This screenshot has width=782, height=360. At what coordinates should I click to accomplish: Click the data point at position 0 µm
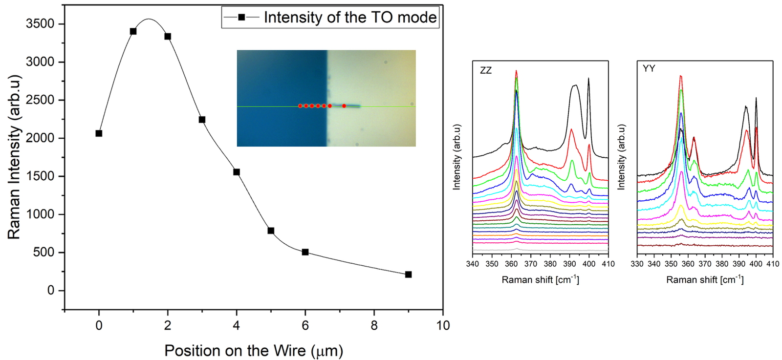tap(99, 133)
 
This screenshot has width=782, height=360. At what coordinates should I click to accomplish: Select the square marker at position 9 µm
tap(409, 275)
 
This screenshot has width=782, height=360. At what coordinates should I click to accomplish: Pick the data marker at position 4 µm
tap(237, 172)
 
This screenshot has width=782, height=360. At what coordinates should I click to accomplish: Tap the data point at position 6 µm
tap(305, 252)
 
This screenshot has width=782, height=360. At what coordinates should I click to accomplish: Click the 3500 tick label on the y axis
tap(40, 24)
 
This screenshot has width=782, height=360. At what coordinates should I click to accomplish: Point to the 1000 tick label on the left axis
tap(40, 214)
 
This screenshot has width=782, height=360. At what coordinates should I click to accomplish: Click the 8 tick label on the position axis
tap(374, 326)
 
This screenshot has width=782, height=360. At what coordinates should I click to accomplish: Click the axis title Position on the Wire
tap(253, 350)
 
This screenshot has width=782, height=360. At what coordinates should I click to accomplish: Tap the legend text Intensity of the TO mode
tap(350, 18)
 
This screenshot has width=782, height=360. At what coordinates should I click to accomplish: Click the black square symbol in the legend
tap(241, 18)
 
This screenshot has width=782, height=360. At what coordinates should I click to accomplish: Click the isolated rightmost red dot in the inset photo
tap(344, 106)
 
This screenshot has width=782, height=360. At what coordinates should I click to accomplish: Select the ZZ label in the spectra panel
tap(485, 70)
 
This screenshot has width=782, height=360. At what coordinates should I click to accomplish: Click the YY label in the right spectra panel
tap(649, 68)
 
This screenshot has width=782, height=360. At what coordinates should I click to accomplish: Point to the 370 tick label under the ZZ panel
tap(530, 264)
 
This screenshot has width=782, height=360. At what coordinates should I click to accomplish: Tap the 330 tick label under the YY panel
tap(637, 264)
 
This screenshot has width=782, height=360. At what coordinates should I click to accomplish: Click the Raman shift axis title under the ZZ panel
tap(540, 279)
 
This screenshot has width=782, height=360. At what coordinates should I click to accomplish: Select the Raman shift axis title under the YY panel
tap(705, 279)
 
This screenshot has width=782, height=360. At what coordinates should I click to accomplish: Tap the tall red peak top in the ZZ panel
tap(516, 71)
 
